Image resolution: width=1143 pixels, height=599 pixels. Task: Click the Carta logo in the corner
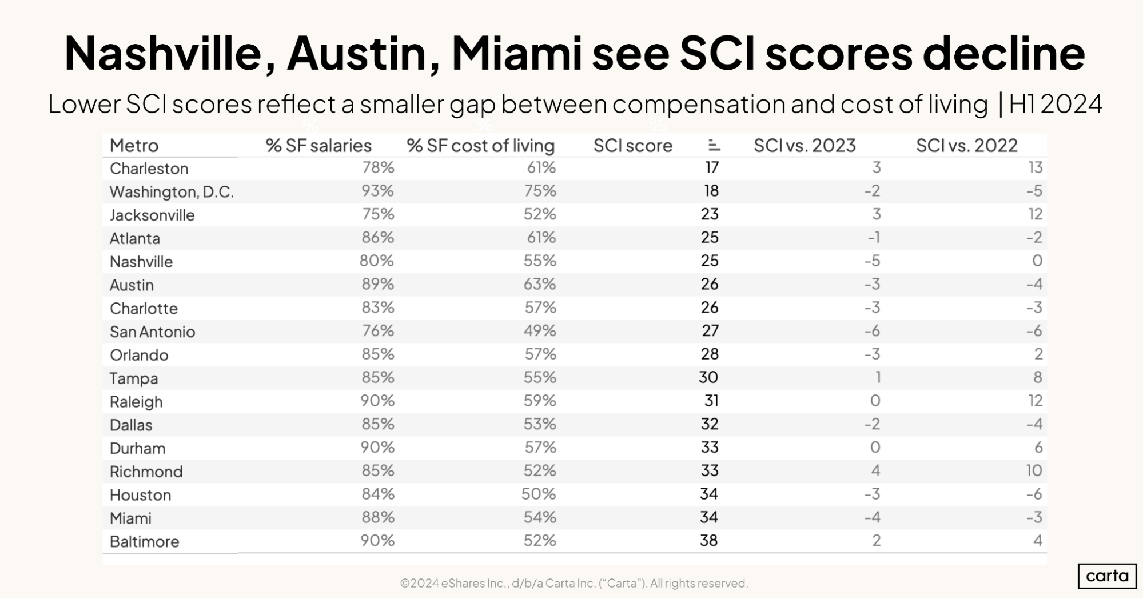[1107, 576]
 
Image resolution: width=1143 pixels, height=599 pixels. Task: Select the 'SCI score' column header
[632, 146]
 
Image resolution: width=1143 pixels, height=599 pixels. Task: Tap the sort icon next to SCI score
[714, 145]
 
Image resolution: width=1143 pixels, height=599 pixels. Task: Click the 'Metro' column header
[134, 146]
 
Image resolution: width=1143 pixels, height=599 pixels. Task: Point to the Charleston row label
[149, 169]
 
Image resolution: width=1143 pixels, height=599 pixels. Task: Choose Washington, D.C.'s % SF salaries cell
[377, 191]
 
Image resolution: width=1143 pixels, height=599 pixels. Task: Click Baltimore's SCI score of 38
[708, 541]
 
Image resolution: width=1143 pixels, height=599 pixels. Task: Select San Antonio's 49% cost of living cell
[540, 331]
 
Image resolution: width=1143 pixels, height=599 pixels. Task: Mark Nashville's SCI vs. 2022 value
[1037, 261]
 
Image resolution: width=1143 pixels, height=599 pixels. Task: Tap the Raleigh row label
[136, 402]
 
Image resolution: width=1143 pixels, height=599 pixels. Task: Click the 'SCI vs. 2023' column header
[804, 146]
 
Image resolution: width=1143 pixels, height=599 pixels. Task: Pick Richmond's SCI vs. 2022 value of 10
[1034, 471]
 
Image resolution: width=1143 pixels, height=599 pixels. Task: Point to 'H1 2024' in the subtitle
[1055, 105]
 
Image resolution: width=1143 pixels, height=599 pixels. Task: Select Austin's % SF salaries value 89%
[377, 284]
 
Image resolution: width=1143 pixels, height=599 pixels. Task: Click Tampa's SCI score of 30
[708, 377]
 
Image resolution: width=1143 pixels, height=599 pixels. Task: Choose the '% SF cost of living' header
[480, 146]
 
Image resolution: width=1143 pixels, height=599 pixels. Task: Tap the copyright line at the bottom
[574, 583]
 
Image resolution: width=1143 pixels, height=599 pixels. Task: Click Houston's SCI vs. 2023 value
[872, 494]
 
